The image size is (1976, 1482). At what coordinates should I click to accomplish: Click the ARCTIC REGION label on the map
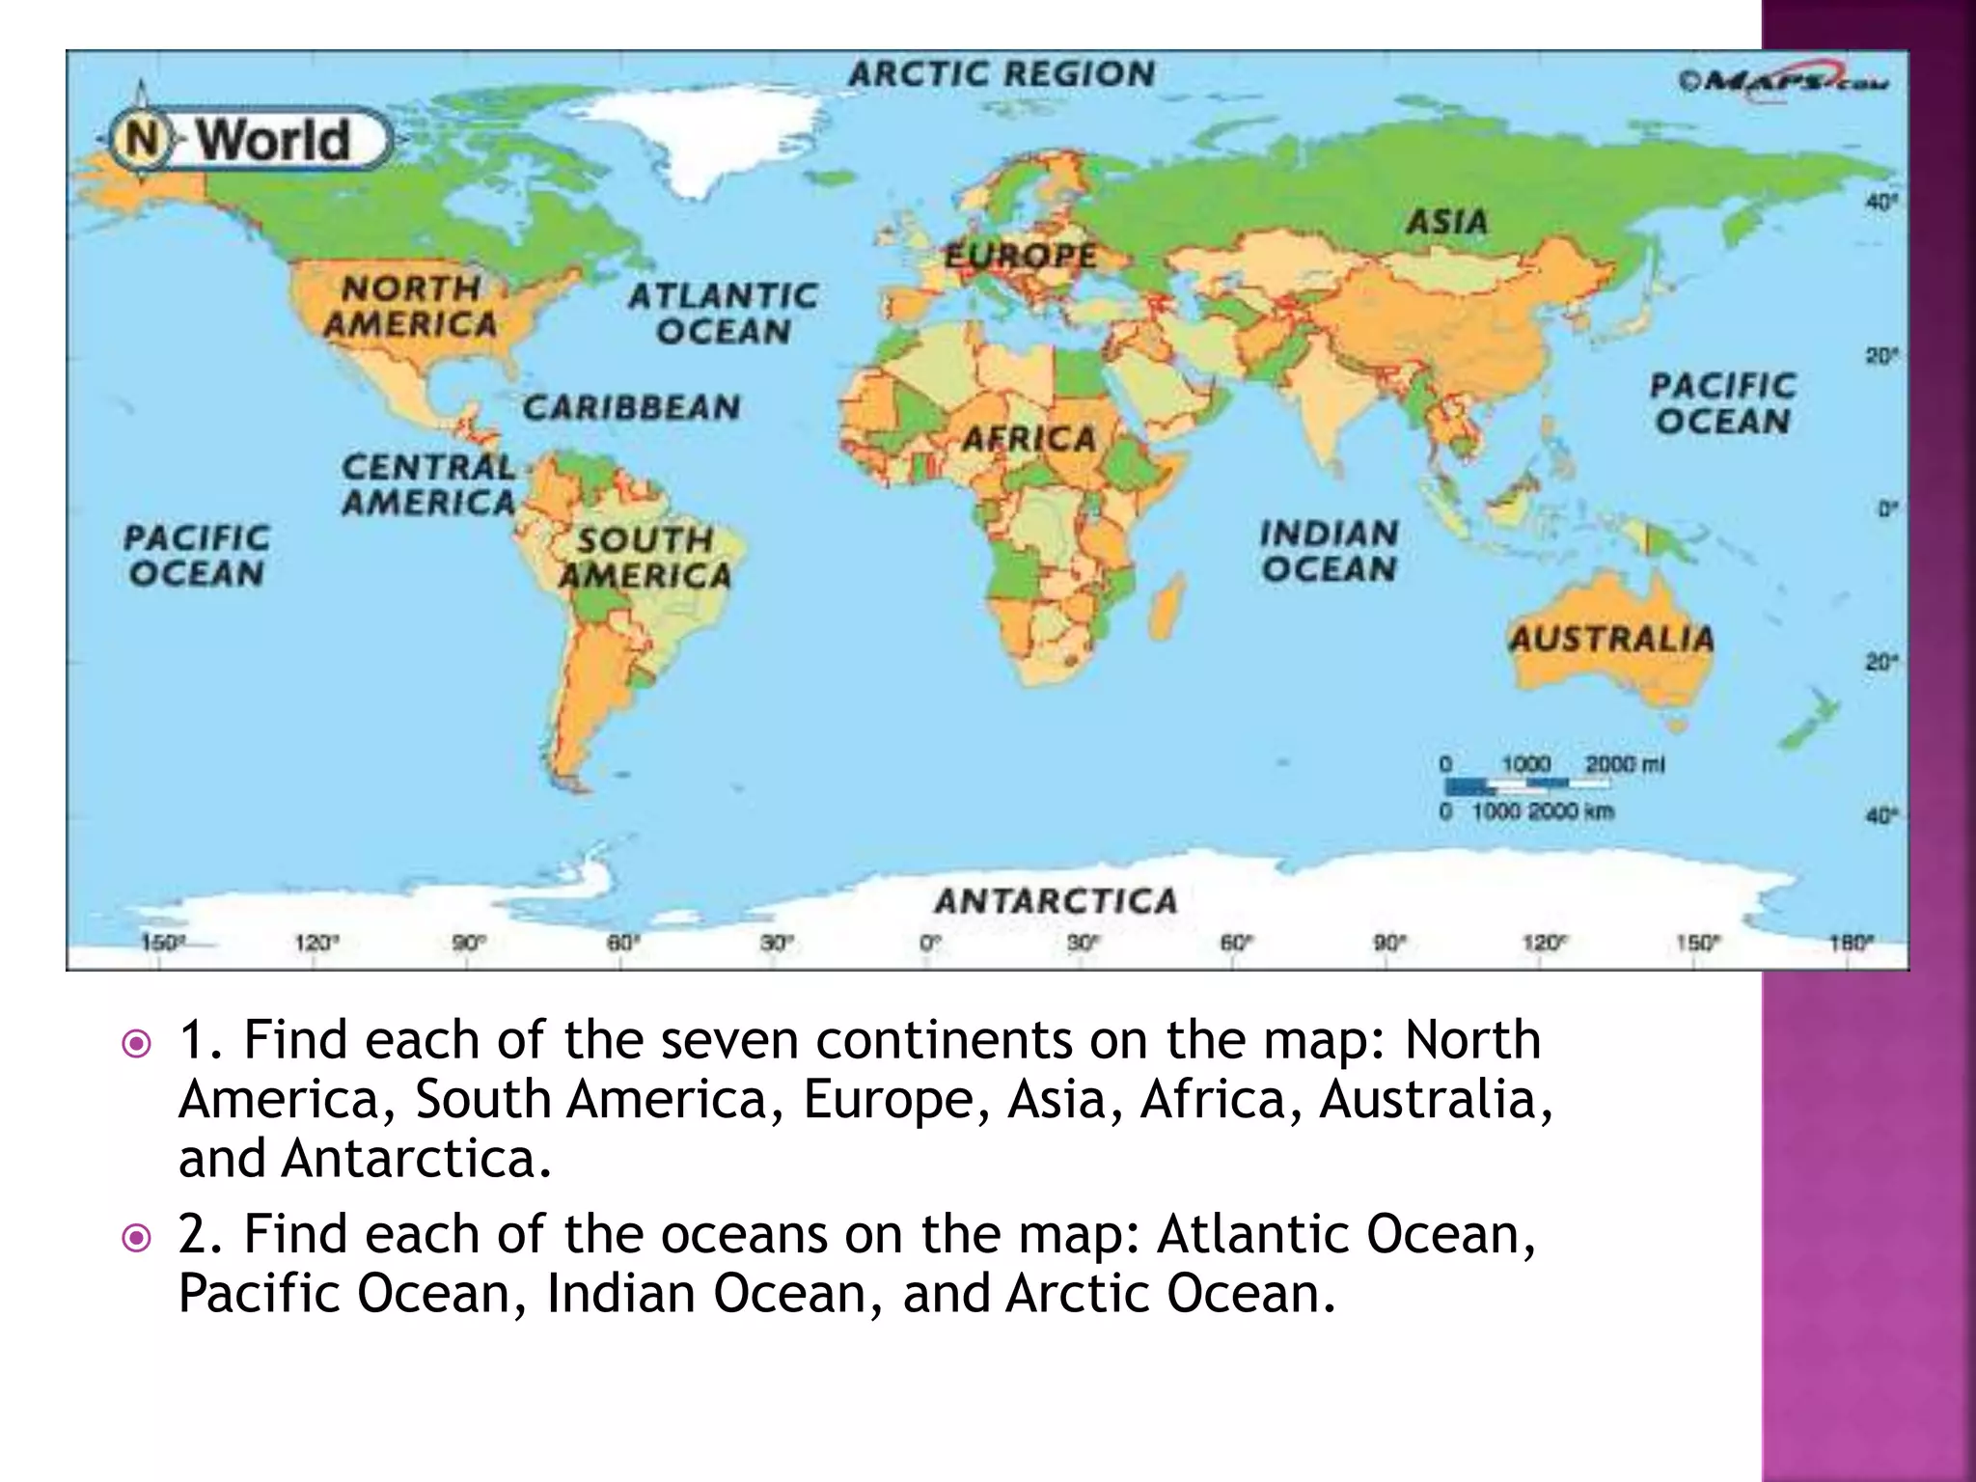click(1002, 74)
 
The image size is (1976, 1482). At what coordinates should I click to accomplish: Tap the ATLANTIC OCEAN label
click(724, 313)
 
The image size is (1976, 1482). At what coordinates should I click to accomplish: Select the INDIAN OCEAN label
click(1329, 551)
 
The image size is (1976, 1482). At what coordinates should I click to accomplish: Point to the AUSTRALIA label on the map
click(1611, 639)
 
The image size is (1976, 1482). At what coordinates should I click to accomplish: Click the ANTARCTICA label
click(1056, 901)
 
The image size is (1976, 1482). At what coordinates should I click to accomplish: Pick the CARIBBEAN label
click(632, 407)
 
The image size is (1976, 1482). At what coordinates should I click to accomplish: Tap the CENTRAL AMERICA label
click(429, 484)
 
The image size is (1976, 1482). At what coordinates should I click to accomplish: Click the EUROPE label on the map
click(1021, 256)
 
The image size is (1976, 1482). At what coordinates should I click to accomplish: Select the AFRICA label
click(1029, 439)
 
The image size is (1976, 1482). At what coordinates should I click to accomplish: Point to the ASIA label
click(1447, 222)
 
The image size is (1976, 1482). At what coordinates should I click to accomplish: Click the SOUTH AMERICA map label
click(645, 557)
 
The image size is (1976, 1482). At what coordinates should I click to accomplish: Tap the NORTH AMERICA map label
click(411, 306)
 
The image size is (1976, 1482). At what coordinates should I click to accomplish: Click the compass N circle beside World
click(142, 140)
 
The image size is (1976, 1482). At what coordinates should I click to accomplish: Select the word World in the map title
click(274, 140)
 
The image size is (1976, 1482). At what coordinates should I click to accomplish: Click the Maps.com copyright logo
click(1783, 81)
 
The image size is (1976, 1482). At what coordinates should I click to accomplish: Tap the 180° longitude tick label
click(1851, 943)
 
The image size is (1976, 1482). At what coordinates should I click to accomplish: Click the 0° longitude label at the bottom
click(929, 943)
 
